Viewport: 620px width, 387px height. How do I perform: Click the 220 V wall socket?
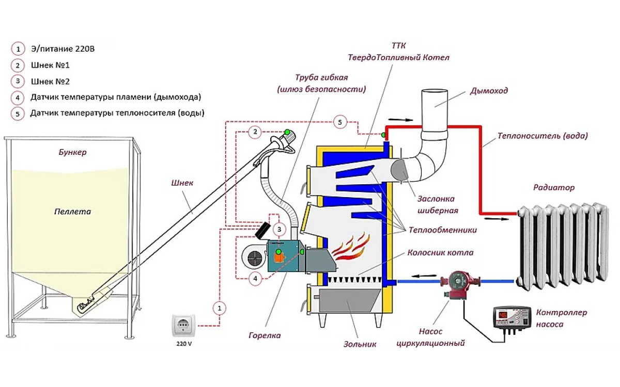tap(183, 326)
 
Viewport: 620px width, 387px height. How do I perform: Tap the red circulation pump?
tap(459, 285)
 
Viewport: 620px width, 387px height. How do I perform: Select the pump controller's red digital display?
tap(502, 315)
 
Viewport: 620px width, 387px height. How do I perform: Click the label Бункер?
tap(72, 152)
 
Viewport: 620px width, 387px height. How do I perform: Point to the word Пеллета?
tap(72, 212)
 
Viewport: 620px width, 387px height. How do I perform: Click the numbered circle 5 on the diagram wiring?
tap(340, 122)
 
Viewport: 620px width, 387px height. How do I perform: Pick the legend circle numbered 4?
tap(18, 98)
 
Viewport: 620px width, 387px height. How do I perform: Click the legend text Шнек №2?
tap(50, 82)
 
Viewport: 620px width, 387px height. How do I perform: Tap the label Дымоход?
tap(489, 91)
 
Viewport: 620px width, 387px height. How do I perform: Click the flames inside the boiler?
tap(351, 247)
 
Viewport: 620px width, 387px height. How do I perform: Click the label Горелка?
tap(265, 335)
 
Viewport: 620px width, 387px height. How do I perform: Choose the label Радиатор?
tap(554, 188)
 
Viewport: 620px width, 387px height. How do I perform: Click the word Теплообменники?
tap(443, 230)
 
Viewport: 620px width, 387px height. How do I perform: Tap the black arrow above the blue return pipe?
tap(424, 276)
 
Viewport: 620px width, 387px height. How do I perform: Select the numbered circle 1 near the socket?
tap(220, 308)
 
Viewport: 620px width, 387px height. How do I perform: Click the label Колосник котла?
tap(440, 253)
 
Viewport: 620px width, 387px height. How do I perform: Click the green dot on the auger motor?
tap(287, 132)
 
